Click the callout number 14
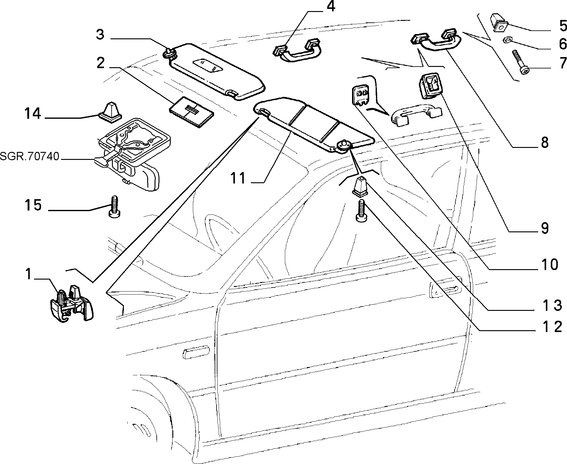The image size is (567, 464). (x=33, y=114)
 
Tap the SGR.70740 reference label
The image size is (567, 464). (x=29, y=157)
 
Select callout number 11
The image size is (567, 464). (x=238, y=178)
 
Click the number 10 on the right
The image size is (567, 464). (x=549, y=264)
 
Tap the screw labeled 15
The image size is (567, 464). (x=115, y=206)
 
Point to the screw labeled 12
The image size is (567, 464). (x=361, y=210)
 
